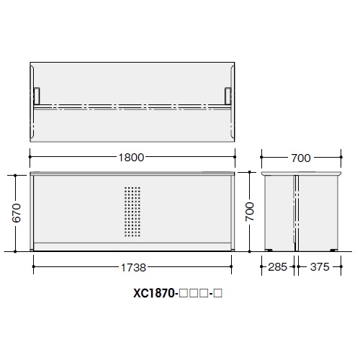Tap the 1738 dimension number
click(x=132, y=267)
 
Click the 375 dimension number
click(x=318, y=267)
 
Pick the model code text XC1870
click(x=154, y=293)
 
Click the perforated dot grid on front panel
click(x=132, y=212)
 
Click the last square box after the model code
click(x=215, y=294)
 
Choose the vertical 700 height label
click(x=249, y=212)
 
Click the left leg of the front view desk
click(x=33, y=212)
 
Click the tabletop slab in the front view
click(x=132, y=174)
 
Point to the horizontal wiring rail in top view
click(x=132, y=108)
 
